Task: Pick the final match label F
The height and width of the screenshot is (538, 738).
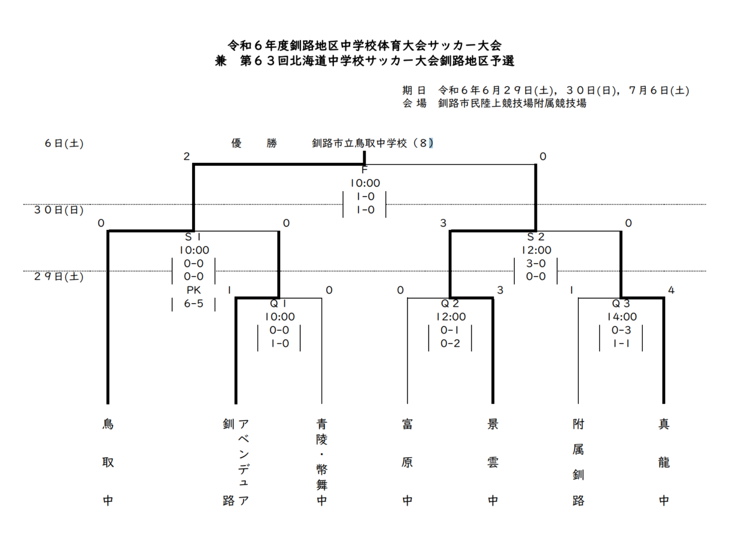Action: click(364, 170)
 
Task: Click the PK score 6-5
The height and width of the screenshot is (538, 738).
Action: click(193, 304)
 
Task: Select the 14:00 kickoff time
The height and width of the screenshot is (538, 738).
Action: click(621, 316)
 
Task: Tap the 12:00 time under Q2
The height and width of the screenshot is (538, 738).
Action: click(450, 316)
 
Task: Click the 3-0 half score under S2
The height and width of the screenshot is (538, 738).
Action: click(536, 263)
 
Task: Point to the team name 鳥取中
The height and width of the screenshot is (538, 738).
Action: click(108, 462)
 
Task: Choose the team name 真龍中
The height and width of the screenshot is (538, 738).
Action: click(664, 462)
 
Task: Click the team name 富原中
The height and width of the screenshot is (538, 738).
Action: click(407, 462)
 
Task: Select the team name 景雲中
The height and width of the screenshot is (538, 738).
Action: click(492, 462)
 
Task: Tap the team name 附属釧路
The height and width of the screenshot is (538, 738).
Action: click(578, 462)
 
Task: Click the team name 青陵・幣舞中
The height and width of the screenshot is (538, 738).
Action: click(322, 462)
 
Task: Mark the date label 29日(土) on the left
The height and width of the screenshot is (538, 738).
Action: click(58, 277)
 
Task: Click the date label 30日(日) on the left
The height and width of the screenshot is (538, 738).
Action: click(58, 210)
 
